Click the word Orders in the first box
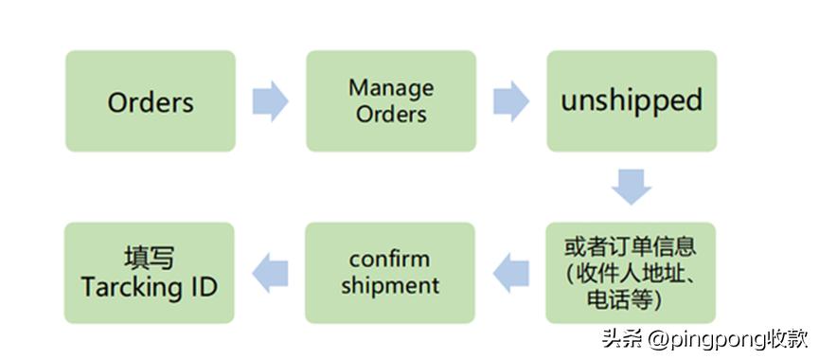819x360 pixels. [151, 101]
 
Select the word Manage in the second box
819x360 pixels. [390, 88]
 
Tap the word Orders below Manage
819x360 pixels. [391, 115]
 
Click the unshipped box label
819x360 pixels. [631, 101]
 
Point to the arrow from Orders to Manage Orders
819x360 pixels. [270, 101]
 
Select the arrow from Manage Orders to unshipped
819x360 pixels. [511, 101]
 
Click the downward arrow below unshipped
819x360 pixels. [632, 186]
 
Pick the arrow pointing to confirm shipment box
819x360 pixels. [512, 272]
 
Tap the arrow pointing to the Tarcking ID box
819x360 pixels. [270, 272]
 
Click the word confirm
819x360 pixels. [389, 259]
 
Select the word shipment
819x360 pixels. [389, 284]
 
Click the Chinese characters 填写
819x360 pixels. [150, 258]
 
